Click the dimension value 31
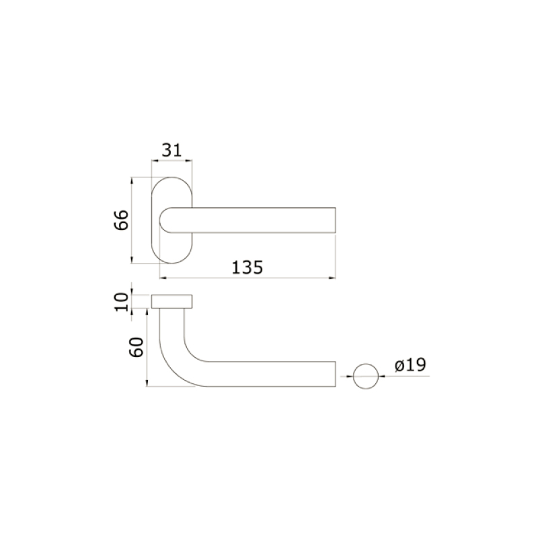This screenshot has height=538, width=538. pyautogui.click(x=172, y=150)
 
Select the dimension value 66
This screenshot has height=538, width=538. pyautogui.click(x=121, y=220)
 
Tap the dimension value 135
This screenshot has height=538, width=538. pyautogui.click(x=247, y=267)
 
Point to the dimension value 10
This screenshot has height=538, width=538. pyautogui.click(x=121, y=301)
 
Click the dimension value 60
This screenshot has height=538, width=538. pyautogui.click(x=134, y=348)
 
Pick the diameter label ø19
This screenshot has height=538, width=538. pyautogui.click(x=410, y=364)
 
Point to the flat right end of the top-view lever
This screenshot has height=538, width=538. pyautogui.click(x=334, y=221)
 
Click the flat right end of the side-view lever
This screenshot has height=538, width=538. pyautogui.click(x=334, y=374)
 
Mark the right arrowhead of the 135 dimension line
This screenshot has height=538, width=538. pyautogui.click(x=332, y=276)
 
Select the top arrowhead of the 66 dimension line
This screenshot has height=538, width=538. pyautogui.click(x=132, y=181)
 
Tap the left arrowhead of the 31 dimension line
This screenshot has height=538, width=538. pyautogui.click(x=155, y=161)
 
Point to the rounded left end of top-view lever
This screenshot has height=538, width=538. pyautogui.click(x=162, y=221)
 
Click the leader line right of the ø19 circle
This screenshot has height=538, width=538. pyautogui.click(x=403, y=375)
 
